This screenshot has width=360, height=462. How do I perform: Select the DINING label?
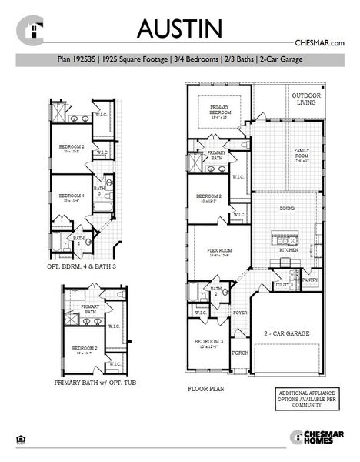[x=287, y=208]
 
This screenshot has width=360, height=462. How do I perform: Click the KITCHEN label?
[x=288, y=250]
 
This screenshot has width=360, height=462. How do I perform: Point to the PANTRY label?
[x=311, y=281]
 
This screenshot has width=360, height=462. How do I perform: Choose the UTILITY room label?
[x=282, y=285]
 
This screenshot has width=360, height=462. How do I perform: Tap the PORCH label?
[x=240, y=353]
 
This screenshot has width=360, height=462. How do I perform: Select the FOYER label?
[x=240, y=313]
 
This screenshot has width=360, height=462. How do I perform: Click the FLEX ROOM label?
[x=218, y=251]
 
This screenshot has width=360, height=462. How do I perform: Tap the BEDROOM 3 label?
[x=208, y=343]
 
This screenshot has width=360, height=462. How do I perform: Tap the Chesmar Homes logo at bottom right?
[x=316, y=437]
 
